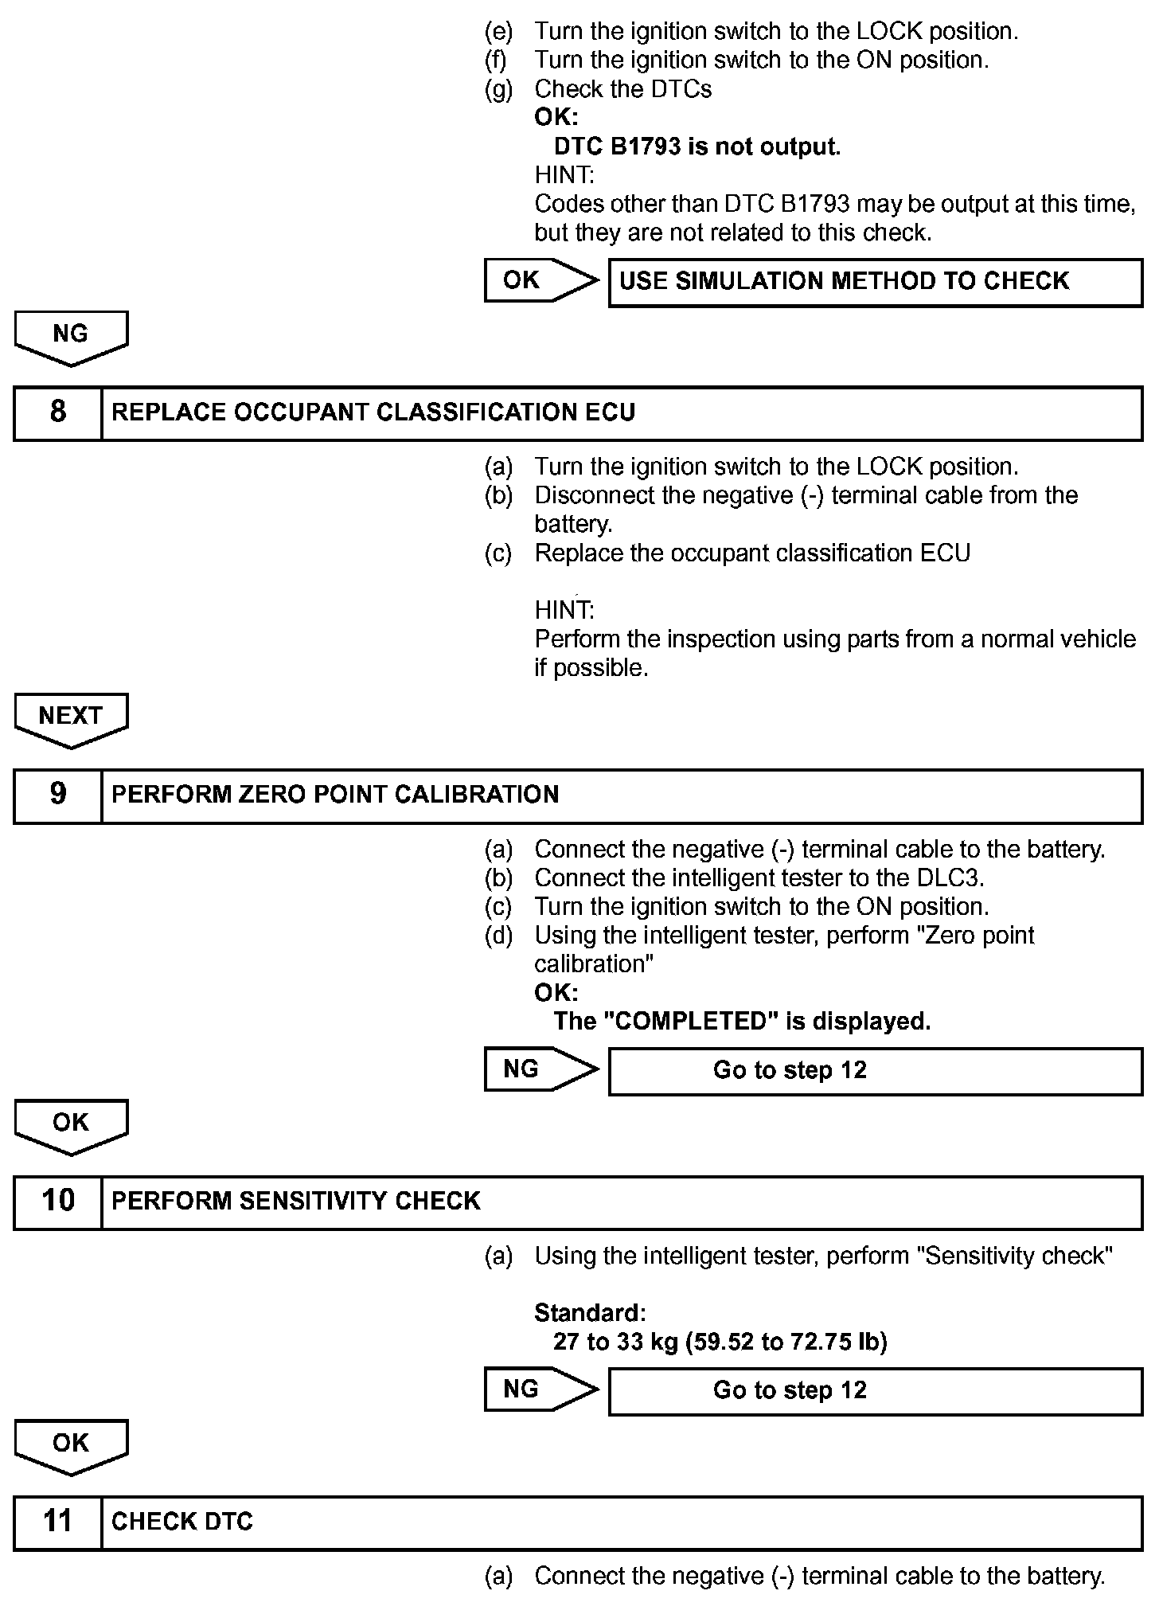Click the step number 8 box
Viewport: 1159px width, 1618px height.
click(58, 412)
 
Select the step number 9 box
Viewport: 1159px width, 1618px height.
click(58, 795)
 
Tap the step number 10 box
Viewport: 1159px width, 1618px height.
click(58, 1201)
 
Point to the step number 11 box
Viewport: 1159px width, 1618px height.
click(58, 1522)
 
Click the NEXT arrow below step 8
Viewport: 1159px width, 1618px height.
click(71, 717)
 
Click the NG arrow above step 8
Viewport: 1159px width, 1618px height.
click(71, 335)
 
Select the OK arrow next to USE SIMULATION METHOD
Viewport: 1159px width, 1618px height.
click(539, 280)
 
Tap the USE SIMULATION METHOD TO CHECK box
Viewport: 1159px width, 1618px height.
click(875, 282)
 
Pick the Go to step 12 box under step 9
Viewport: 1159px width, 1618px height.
click(875, 1070)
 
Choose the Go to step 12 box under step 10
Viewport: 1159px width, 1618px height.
click(875, 1390)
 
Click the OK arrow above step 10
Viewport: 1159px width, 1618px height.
click(71, 1124)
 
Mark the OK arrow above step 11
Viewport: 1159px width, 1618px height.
click(71, 1444)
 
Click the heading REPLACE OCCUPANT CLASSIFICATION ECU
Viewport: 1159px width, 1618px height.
click(373, 412)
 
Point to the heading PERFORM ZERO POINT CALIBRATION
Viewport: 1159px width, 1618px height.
click(335, 795)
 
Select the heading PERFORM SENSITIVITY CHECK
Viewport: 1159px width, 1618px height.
click(296, 1201)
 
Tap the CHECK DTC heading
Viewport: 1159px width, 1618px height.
click(182, 1522)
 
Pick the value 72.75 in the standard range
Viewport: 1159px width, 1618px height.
click(821, 1342)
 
